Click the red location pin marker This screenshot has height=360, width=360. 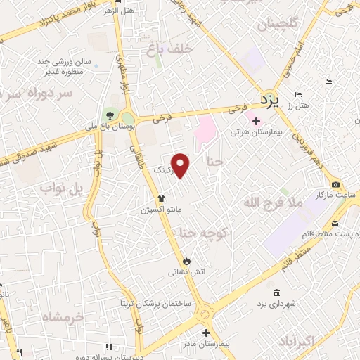point(181,165)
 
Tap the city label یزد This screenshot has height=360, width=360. point(269,100)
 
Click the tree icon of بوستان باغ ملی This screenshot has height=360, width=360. point(108,115)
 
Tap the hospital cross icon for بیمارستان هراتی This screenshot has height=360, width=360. point(256,122)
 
